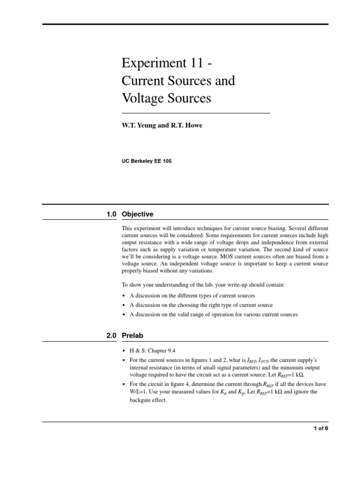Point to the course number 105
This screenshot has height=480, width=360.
tap(167, 161)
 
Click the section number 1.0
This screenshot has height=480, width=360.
tap(111, 214)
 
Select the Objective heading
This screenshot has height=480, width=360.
tap(137, 214)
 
